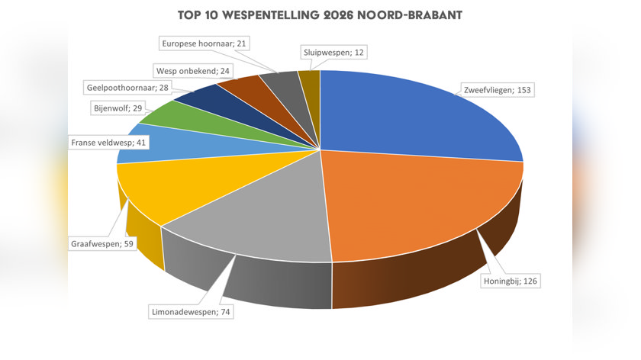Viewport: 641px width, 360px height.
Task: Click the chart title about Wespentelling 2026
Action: point(320,15)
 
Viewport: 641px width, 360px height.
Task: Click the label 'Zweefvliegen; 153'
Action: point(497,90)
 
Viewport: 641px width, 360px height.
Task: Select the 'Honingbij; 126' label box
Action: point(511,281)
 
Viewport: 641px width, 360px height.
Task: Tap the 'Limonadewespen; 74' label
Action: point(191,312)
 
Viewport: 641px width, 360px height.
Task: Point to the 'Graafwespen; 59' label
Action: point(102,244)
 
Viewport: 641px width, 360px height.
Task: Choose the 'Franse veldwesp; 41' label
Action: point(108,143)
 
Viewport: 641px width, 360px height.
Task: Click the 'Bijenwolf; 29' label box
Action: point(118,108)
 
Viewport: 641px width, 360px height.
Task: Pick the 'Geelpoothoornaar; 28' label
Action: point(127,88)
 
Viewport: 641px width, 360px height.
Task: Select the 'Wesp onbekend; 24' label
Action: point(193,71)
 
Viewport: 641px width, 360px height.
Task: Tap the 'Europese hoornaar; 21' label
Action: point(204,43)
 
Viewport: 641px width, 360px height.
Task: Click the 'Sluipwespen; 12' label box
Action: point(333,53)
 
